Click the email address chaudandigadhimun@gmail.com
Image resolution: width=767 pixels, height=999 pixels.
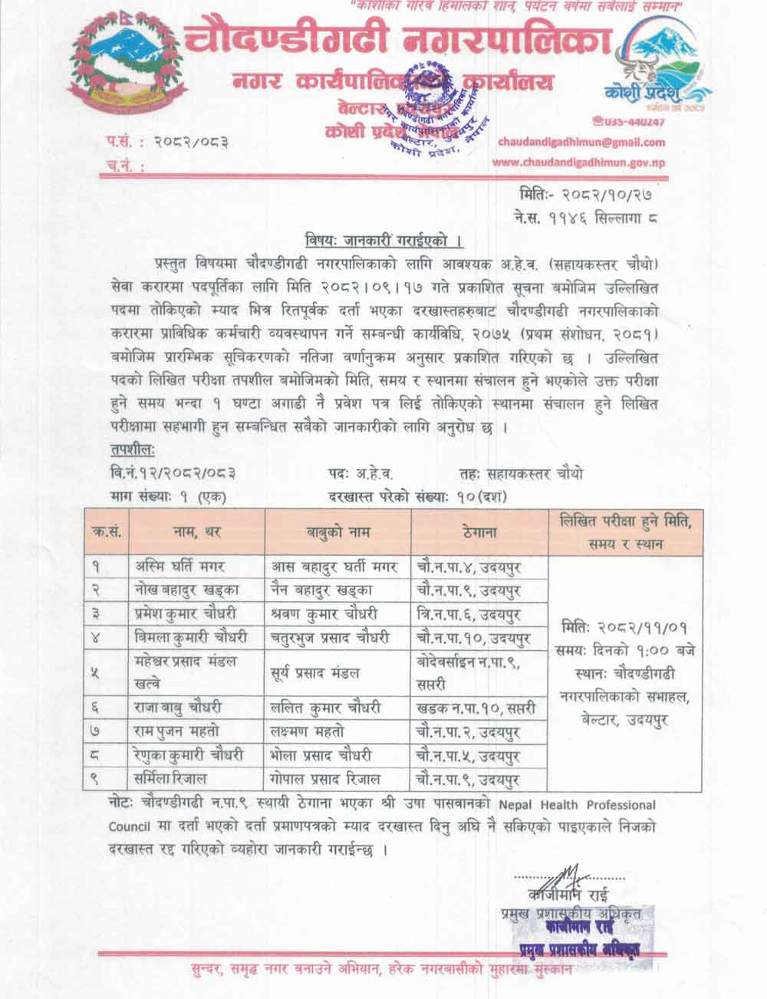(x=581, y=142)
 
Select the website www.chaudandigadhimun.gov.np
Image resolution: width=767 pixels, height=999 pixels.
(x=578, y=162)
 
